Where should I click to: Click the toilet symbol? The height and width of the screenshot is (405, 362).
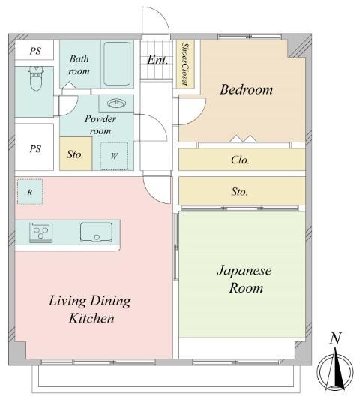point(36,78)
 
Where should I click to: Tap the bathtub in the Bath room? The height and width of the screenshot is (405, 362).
point(117,64)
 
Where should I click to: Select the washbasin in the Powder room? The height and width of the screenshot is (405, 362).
point(117,103)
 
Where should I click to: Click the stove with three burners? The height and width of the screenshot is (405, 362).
point(41,232)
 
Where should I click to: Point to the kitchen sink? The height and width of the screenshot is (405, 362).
point(96,232)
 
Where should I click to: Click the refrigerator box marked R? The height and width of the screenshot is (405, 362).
point(30,192)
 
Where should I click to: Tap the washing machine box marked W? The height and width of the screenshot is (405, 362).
point(114,156)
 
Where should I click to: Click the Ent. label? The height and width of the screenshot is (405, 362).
point(157,60)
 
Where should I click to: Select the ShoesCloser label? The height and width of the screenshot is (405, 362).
point(185,64)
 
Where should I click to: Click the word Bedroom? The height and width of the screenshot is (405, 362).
point(247,89)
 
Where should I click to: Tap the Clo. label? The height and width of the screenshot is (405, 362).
point(240,160)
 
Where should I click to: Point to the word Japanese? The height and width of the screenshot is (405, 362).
point(244,271)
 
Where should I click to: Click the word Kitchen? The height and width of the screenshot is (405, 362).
point(91,318)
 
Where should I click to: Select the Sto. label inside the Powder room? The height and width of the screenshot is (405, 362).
point(75,154)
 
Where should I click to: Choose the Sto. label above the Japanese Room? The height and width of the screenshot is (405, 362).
point(239,192)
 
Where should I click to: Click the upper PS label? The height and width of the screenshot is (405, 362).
point(35,51)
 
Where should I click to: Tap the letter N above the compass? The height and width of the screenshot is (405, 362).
point(335,338)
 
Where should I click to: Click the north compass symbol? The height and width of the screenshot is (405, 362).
point(335,371)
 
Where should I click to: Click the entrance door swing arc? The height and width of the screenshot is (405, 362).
point(160,16)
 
